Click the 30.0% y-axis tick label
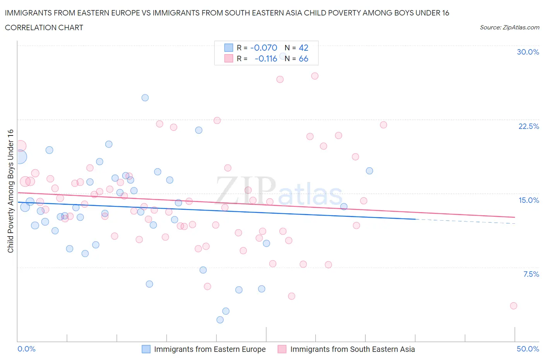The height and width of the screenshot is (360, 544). (528, 52)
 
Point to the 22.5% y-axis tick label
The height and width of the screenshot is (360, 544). (529, 126)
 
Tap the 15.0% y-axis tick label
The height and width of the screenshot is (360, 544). (529, 200)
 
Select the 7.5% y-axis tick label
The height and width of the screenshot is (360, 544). (531, 274)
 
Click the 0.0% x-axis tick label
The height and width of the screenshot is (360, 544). (26, 349)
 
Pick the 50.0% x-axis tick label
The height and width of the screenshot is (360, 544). (528, 349)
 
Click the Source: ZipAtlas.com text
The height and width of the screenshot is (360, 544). (509, 27)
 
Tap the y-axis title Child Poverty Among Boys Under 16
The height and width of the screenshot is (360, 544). (10, 191)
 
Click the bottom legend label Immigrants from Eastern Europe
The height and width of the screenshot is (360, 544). (210, 349)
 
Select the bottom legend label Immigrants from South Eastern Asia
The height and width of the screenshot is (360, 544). (352, 349)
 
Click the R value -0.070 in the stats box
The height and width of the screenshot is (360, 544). (264, 48)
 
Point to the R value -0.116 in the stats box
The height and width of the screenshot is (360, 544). (266, 58)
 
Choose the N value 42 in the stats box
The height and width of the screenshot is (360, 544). (303, 48)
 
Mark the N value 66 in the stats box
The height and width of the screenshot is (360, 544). (303, 58)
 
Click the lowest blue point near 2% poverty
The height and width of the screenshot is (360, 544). (220, 320)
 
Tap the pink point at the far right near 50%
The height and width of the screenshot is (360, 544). (513, 306)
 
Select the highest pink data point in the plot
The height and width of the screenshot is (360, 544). (315, 76)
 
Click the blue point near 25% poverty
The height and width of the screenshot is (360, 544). (145, 98)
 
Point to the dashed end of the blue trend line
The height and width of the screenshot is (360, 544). (464, 221)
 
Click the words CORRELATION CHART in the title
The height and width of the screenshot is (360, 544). (44, 27)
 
